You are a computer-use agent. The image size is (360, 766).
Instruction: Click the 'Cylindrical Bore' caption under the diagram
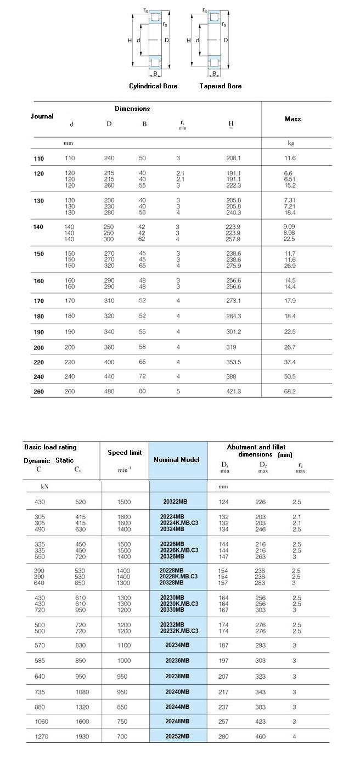click(x=153, y=86)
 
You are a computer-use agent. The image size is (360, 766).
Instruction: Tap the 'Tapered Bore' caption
click(x=220, y=86)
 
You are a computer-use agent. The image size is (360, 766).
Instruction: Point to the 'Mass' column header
click(x=292, y=119)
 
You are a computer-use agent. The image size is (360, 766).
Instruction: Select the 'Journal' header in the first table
click(x=42, y=116)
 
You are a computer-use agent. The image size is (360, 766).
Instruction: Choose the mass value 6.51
click(x=290, y=179)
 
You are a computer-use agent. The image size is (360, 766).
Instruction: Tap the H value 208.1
click(x=233, y=159)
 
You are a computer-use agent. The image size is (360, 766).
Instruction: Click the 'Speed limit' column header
click(x=125, y=453)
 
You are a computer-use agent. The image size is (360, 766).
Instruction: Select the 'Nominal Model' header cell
click(x=176, y=460)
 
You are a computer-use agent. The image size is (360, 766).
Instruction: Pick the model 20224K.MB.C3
click(x=178, y=523)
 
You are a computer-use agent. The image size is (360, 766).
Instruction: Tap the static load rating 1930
click(x=82, y=736)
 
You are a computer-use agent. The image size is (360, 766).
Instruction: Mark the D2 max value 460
click(x=262, y=736)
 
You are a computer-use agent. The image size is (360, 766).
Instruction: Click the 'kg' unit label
click(x=291, y=143)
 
